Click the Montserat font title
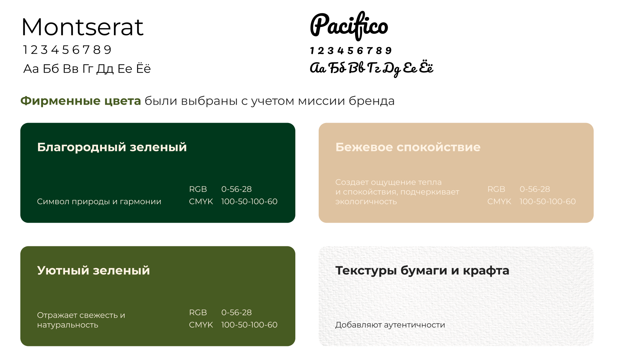tap(82, 27)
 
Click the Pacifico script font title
tap(349, 26)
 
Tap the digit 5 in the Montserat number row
tap(65, 50)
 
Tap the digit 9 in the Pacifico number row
tap(388, 51)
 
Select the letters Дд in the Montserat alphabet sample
tap(105, 69)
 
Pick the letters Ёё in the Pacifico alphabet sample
tap(426, 68)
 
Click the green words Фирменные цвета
tap(81, 101)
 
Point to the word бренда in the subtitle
tap(372, 101)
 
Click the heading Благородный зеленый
tap(112, 147)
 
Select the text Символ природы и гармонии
tap(99, 202)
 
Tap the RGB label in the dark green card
tap(198, 189)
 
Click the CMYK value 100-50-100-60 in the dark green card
tap(249, 202)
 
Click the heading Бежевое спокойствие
tap(408, 147)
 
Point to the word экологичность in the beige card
tap(366, 202)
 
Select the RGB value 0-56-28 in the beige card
tap(535, 189)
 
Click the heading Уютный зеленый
tap(93, 270)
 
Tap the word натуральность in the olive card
tap(68, 325)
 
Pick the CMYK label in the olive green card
tap(201, 325)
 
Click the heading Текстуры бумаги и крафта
tap(422, 270)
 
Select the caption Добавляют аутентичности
tap(390, 325)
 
